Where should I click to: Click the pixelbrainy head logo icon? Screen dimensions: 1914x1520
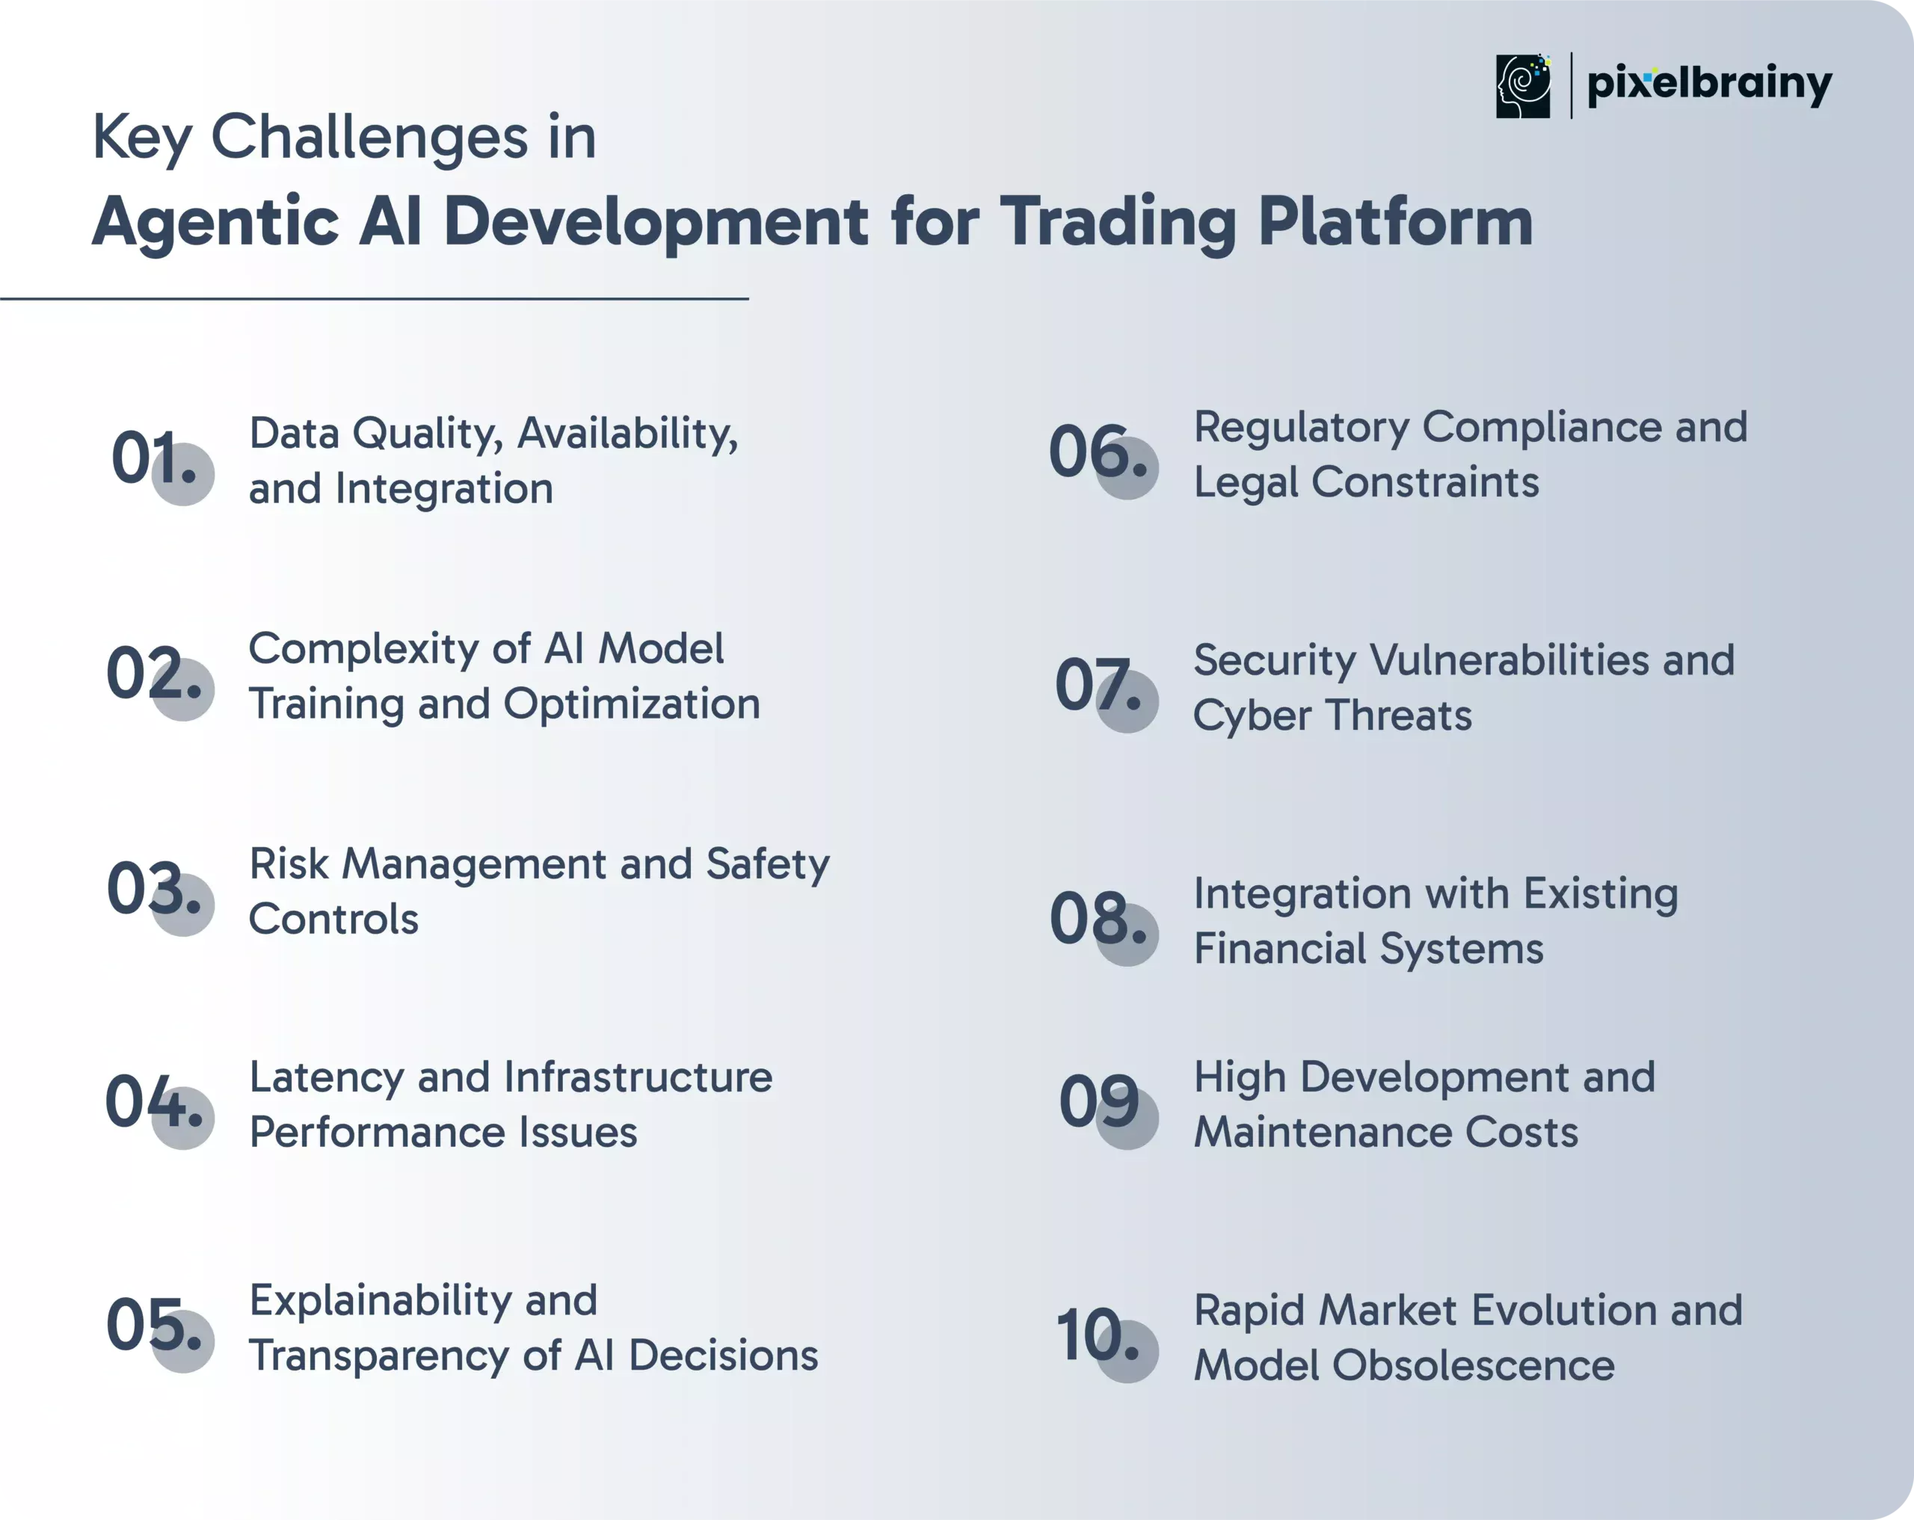[x=1522, y=86]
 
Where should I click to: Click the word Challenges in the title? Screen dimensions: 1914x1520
[x=369, y=138]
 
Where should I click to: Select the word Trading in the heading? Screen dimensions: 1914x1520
[x=1119, y=222]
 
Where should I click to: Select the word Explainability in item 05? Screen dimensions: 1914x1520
[x=381, y=1302]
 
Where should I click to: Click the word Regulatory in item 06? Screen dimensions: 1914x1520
[x=1302, y=428]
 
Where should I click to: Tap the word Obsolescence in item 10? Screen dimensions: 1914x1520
[x=1473, y=1365]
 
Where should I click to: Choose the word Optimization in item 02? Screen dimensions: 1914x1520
[x=632, y=705]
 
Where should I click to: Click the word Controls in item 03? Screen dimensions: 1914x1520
[x=333, y=919]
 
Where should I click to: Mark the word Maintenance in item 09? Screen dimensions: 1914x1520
[x=1322, y=1132]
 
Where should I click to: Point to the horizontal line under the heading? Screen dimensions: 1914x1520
[x=375, y=299]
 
